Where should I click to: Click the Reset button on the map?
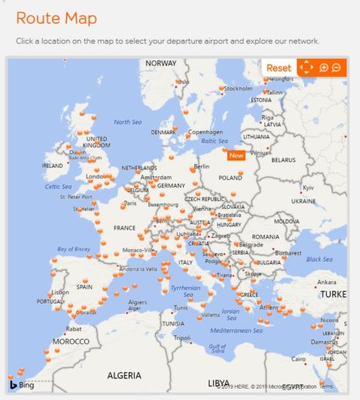tap(279, 68)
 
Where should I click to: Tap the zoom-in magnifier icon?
tap(324, 68)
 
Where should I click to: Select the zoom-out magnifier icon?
tap(336, 68)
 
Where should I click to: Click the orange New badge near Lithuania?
tap(236, 155)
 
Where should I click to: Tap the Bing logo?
tap(22, 385)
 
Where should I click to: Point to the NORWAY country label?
tap(160, 63)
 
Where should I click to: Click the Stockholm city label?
tap(238, 89)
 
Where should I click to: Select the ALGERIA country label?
tap(124, 374)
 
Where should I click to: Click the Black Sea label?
tap(319, 259)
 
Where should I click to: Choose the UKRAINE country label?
tap(304, 201)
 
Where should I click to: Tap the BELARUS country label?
tap(284, 160)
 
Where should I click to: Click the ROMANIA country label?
tap(266, 237)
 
